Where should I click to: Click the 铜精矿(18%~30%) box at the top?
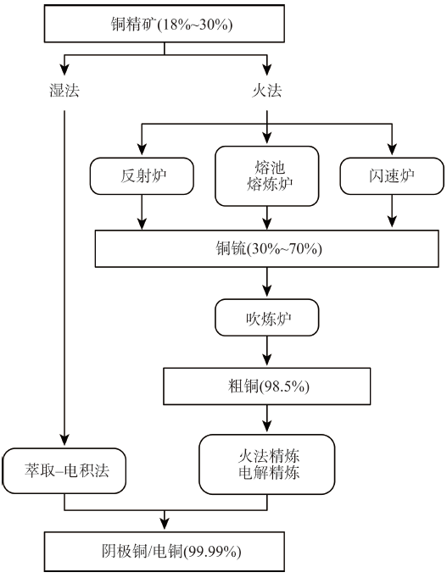click(164, 24)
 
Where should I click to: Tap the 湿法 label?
click(64, 91)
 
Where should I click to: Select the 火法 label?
click(267, 91)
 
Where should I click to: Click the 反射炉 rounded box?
click(142, 176)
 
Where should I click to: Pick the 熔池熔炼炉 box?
click(267, 176)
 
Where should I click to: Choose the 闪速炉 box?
click(392, 176)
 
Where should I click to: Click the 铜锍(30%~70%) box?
click(267, 249)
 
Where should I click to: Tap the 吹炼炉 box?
click(267, 318)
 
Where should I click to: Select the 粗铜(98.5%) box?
click(267, 386)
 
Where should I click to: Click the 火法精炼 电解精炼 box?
click(267, 464)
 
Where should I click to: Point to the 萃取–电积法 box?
click(64, 470)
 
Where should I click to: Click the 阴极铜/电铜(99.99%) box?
click(164, 552)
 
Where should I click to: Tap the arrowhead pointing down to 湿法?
click(64, 69)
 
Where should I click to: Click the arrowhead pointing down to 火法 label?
click(267, 69)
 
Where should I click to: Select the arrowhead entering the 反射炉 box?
click(142, 149)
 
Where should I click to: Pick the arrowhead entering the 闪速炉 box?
click(392, 149)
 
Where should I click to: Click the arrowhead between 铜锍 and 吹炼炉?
click(267, 291)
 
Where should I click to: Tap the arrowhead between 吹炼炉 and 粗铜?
click(267, 359)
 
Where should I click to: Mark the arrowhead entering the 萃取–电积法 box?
click(64, 440)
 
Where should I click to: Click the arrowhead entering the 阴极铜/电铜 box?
click(164, 524)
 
